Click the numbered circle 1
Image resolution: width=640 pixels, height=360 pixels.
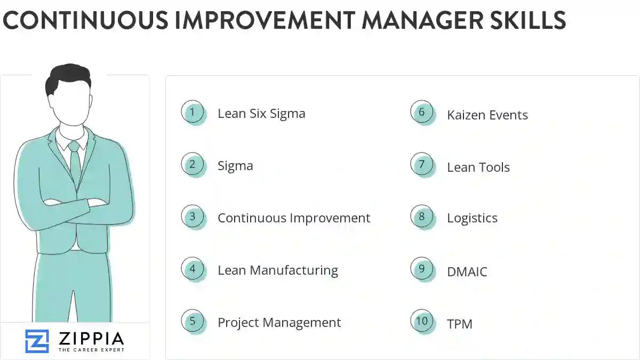[193, 112]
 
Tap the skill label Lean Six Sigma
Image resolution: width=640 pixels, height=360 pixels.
[261, 114]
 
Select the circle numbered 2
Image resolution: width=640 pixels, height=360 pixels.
[193, 164]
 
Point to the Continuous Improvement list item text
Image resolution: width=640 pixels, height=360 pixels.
[293, 218]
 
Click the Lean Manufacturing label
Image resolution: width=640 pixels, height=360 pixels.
[277, 270]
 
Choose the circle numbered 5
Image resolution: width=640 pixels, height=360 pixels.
[193, 321]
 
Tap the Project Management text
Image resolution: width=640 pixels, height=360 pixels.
[279, 323]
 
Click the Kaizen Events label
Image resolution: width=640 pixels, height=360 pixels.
[487, 115]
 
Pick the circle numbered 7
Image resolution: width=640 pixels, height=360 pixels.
[422, 164]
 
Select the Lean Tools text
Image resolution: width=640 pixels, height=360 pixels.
[478, 167]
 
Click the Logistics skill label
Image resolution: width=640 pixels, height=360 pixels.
[472, 218]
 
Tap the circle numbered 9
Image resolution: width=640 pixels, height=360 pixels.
[422, 269]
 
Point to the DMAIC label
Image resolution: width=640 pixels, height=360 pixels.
[467, 272]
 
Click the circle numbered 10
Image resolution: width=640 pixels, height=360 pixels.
[422, 321]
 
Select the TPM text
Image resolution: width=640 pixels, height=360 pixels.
[459, 324]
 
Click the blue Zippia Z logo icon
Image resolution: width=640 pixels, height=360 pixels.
[37, 341]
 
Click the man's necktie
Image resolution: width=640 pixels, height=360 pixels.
[75, 160]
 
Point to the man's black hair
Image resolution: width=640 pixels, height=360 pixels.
[68, 77]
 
